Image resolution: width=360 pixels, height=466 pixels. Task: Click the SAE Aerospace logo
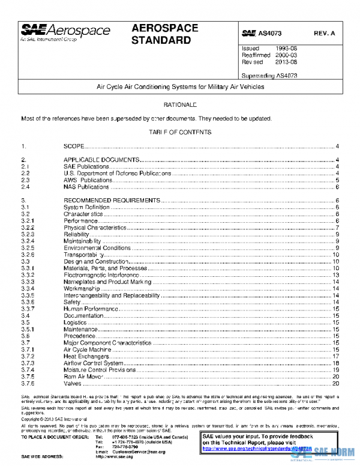(65, 32)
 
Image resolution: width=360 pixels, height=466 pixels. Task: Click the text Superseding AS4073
(269, 76)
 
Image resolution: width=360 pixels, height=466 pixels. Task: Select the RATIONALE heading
(180, 105)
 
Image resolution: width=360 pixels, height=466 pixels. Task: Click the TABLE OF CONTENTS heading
(180, 132)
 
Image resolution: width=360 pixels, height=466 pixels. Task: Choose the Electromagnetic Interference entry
(97, 275)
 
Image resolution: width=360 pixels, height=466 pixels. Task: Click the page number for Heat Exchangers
(336, 356)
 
